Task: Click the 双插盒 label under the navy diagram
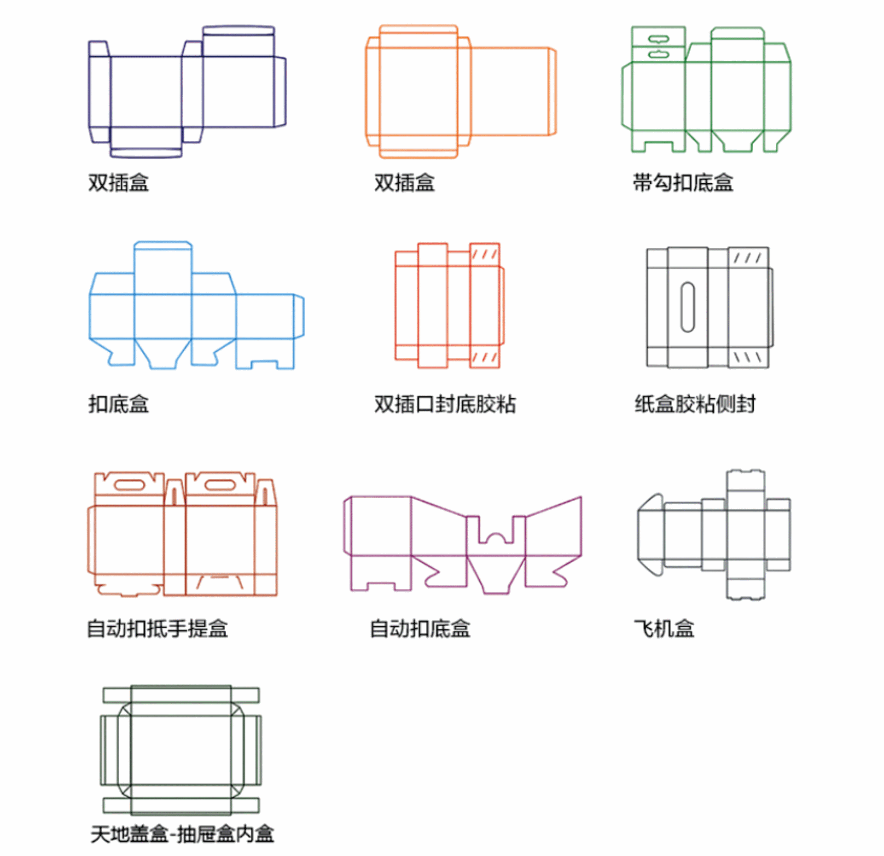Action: coord(118,183)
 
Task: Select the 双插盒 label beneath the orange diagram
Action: coord(404,183)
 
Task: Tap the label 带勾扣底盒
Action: coord(683,183)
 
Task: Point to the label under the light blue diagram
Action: coord(118,404)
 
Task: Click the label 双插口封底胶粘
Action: coord(445,404)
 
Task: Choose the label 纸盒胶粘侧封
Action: coord(695,404)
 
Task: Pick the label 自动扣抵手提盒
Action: coord(157,629)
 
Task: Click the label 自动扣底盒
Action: coord(420,629)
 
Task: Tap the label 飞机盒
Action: coord(664,629)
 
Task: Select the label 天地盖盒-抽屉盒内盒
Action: coord(182,834)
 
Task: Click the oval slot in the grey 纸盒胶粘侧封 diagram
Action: coord(687,307)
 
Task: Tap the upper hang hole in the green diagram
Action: coord(658,39)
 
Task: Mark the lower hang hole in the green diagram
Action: coord(658,54)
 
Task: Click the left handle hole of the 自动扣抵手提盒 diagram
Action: coord(129,485)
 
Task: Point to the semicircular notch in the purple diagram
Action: coord(496,538)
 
